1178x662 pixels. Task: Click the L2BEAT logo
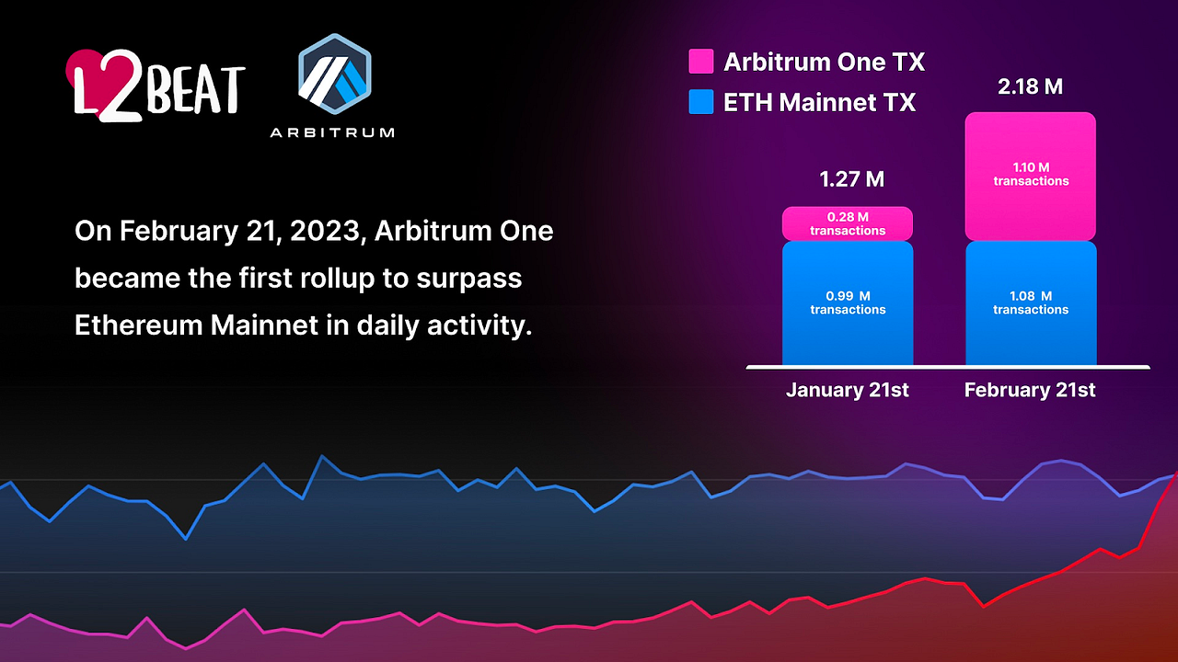tap(156, 86)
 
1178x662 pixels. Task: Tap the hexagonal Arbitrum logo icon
tap(334, 74)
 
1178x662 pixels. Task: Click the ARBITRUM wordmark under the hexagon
tap(332, 132)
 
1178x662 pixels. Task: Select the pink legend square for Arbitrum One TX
tap(701, 62)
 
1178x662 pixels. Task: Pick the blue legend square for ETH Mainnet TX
tap(701, 102)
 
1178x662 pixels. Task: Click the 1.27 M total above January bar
tap(852, 179)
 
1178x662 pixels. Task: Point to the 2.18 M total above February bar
tap(1030, 86)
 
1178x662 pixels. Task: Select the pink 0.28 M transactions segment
tap(848, 223)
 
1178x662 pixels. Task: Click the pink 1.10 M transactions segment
tap(1031, 176)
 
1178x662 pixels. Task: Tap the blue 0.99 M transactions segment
tap(848, 302)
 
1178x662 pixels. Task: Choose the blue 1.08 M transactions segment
tap(1031, 302)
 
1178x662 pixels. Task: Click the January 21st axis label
tap(848, 390)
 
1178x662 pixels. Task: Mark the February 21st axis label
tap(1030, 390)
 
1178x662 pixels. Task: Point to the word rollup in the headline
tap(337, 278)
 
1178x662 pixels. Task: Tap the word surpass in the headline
tap(469, 280)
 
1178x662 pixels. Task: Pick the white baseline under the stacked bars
tap(948, 367)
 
